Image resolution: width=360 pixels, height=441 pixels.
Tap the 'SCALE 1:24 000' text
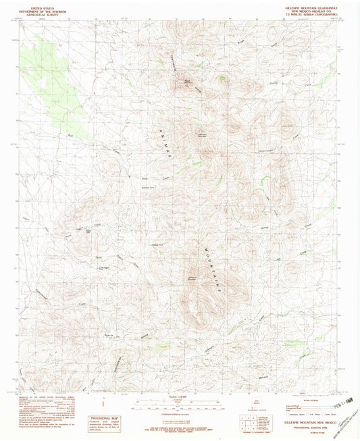(179, 395)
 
